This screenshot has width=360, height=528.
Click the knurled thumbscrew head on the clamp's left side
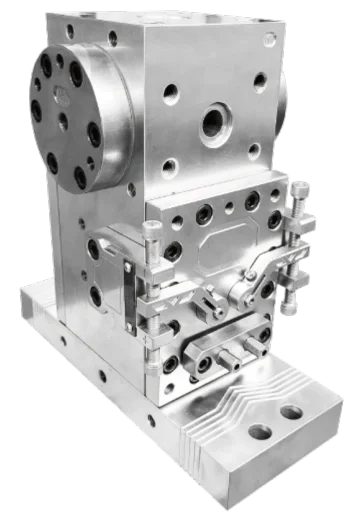tap(152, 234)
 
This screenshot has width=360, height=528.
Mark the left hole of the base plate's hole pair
tap(259, 433)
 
